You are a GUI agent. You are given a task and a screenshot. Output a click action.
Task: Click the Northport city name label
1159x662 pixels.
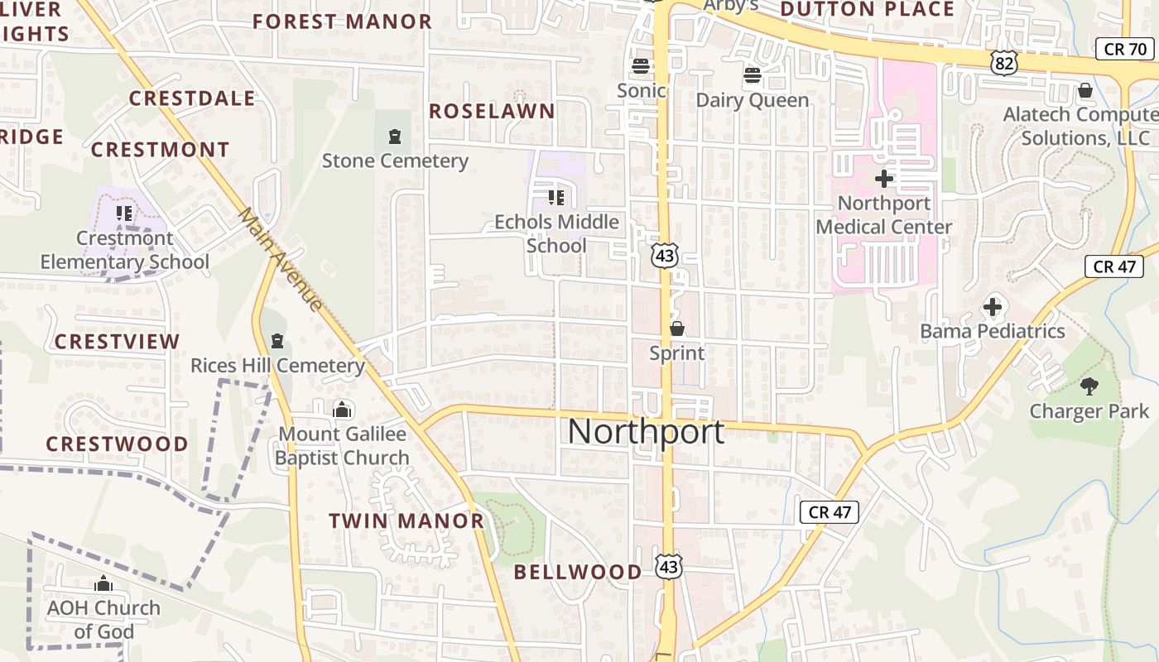coord(646,432)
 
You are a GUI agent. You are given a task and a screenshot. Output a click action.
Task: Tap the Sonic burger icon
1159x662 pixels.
coord(640,66)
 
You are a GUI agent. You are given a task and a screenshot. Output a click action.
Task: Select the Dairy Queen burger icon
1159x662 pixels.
coord(752,76)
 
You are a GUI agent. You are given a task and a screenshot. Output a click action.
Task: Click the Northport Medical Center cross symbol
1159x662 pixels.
coord(884,178)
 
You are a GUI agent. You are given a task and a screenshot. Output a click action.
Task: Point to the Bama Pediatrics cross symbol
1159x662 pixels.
coord(993,308)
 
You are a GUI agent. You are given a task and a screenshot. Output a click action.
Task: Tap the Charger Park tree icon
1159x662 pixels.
coord(1089,386)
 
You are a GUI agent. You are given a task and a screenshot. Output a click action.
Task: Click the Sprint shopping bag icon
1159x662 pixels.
coord(677,329)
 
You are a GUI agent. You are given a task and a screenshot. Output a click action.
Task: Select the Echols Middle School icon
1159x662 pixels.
coord(555,197)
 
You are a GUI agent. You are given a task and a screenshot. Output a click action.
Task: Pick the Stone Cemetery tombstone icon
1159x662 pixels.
coord(395,137)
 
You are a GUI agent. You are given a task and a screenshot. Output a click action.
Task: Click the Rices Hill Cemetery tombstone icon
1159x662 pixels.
coord(277,341)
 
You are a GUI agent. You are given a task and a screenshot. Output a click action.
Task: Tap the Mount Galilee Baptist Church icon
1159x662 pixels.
coord(341,409)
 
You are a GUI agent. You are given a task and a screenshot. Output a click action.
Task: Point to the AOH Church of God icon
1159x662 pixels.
coord(103,584)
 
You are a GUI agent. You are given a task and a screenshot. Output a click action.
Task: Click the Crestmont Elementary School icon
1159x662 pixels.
coord(124,213)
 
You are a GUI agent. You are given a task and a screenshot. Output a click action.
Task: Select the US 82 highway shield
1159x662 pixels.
coord(1005,62)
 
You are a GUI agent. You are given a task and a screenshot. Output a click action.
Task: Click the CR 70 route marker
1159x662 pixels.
coord(1125,49)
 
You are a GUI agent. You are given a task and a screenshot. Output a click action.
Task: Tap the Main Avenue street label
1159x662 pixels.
coord(281,259)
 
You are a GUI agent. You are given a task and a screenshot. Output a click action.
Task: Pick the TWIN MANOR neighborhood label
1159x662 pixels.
coord(406,521)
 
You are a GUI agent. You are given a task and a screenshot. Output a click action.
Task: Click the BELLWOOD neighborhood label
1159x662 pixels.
coord(578,572)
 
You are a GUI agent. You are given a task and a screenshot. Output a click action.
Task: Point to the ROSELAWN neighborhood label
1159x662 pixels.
coord(492,112)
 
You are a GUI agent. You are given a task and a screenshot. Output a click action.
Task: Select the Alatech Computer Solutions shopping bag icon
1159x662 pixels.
coord(1084,90)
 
